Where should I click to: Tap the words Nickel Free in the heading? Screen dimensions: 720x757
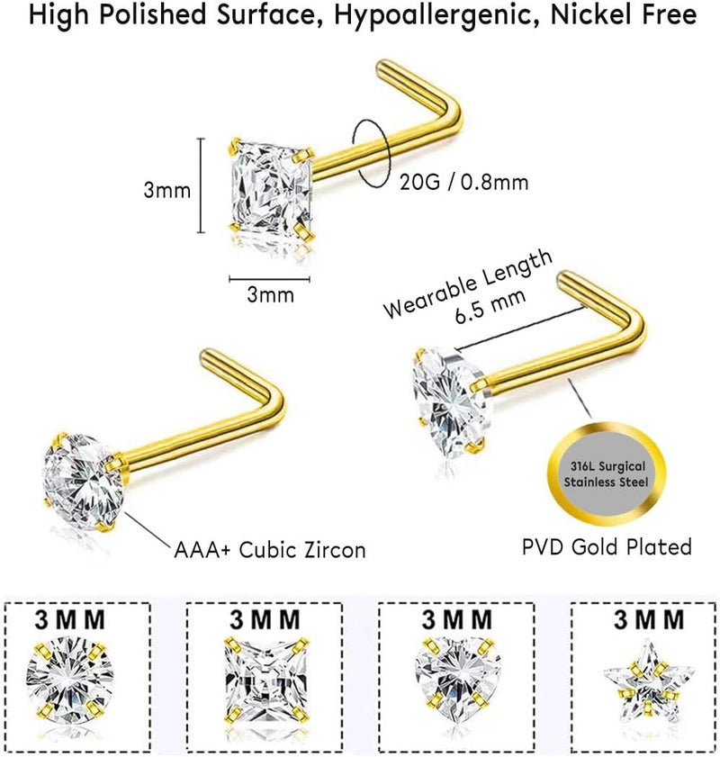[624, 14]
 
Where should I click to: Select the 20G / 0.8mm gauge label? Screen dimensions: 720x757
[463, 183]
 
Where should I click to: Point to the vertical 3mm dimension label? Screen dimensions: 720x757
[167, 190]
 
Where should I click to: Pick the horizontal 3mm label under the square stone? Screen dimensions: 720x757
[270, 294]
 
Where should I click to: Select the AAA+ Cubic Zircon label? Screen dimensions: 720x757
[270, 550]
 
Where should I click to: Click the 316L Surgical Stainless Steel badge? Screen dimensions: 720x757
[607, 474]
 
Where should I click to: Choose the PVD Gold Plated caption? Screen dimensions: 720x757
[607, 547]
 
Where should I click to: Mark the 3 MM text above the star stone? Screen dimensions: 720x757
[649, 619]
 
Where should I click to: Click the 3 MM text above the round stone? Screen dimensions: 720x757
[69, 619]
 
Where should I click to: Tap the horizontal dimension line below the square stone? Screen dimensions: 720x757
[269, 278]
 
